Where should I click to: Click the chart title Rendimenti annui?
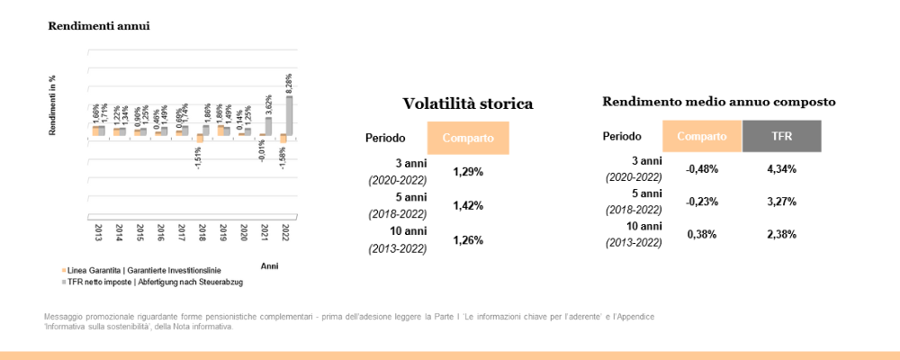pos(99,26)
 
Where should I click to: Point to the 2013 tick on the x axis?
pos(98,233)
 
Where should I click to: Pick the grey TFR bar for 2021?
pos(268,127)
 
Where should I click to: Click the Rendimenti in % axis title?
pos(53,105)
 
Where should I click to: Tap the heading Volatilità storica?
pos(467,103)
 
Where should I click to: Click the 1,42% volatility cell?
pos(467,205)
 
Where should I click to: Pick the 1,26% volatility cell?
pos(467,240)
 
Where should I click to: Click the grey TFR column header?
pos(781,136)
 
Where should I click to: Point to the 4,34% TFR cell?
pos(781,168)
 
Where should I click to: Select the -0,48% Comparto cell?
pos(702,168)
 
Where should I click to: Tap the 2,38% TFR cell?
pos(781,234)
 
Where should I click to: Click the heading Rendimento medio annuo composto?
pos(719,102)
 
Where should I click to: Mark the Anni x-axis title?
pos(269,266)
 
